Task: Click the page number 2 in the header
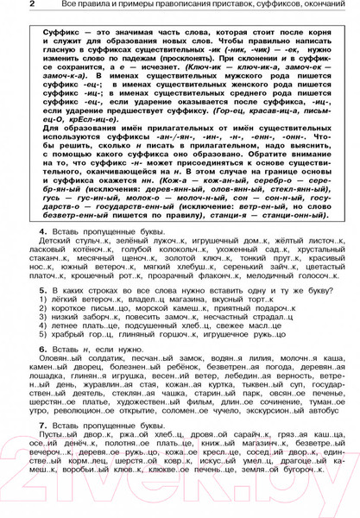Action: (8, 7)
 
